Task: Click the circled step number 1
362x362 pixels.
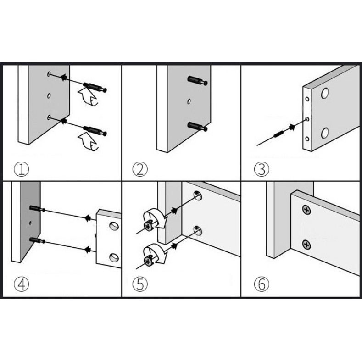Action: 21,170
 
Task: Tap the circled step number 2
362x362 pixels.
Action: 140,170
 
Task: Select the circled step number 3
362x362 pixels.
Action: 261,170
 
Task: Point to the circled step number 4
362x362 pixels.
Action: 21,284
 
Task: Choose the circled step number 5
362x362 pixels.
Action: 140,284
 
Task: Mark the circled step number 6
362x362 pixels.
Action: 261,284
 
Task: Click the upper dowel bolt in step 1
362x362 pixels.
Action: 95,86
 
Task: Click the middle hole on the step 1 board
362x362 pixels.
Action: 49,96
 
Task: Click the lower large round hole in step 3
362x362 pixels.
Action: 325,134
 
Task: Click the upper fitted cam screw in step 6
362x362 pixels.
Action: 305,209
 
